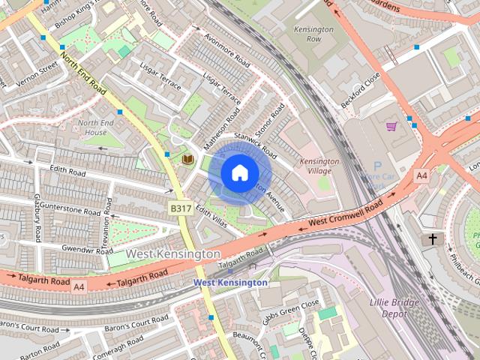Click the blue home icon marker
(238, 172)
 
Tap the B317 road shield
(180, 208)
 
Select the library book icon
(188, 159)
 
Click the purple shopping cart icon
(391, 125)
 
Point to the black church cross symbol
(432, 239)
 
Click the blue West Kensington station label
(229, 283)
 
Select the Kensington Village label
(319, 166)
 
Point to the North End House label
(97, 127)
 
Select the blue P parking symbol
(377, 166)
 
